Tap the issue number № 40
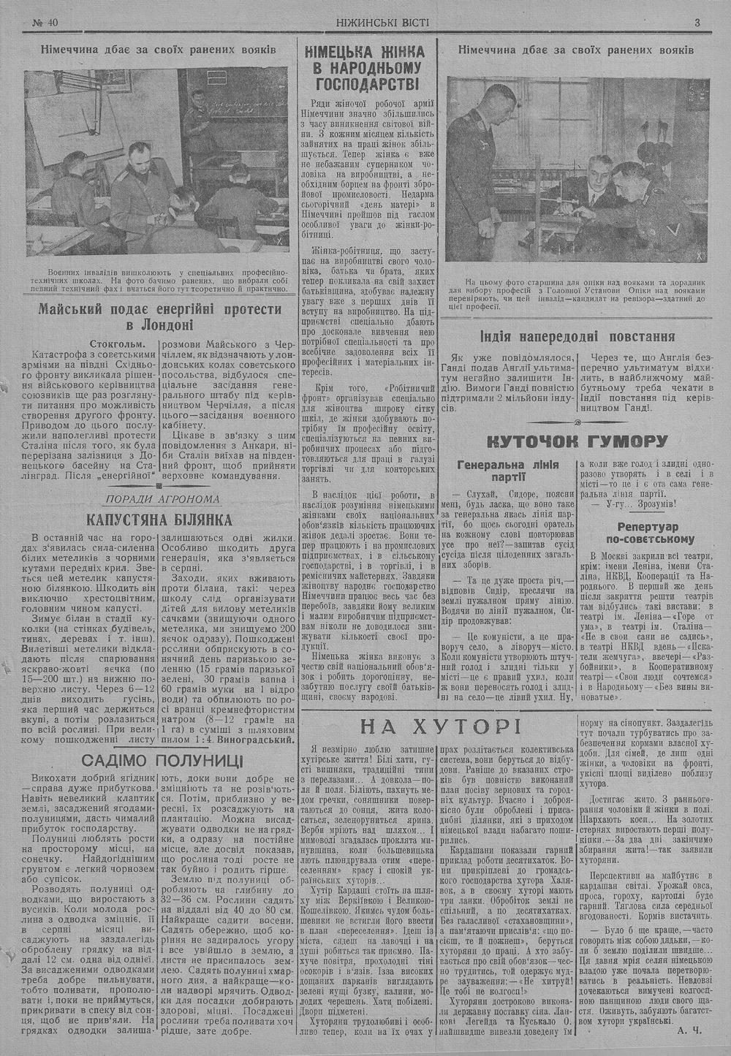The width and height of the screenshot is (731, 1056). (45, 22)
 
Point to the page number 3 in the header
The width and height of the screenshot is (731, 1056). (697, 22)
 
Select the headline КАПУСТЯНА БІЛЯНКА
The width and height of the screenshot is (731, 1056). (159, 520)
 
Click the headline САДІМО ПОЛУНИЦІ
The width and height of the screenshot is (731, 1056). (162, 759)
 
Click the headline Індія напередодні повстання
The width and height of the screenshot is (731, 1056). (577, 336)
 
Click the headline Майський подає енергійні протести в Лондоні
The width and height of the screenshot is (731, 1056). (159, 317)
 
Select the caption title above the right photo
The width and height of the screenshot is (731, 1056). (576, 50)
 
